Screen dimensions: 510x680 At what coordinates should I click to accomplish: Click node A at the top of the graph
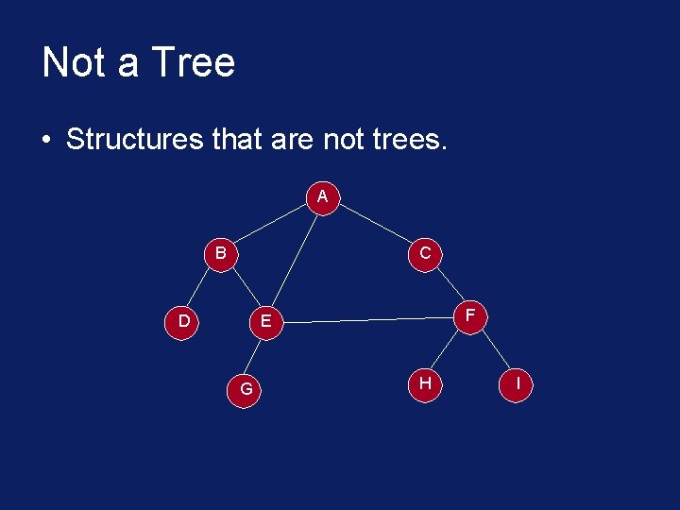coord(323,197)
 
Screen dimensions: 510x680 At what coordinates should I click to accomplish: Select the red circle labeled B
coord(220,253)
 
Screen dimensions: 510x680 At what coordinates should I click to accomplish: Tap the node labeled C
coord(425,253)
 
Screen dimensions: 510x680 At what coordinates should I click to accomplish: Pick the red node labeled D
coord(184,321)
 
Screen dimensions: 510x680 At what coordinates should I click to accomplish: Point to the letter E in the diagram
coord(266,322)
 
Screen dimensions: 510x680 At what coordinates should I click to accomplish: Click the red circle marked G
coord(246,388)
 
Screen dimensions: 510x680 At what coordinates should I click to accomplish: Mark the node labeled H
coord(425,382)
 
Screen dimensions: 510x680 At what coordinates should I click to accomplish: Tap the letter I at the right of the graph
coord(518,383)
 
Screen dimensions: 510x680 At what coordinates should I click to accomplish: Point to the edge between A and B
coord(272,226)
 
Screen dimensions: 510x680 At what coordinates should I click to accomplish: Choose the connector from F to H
coord(449,348)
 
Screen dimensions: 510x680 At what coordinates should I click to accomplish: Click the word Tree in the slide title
coord(193,63)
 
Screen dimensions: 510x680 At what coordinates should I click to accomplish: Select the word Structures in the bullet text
coord(135,140)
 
